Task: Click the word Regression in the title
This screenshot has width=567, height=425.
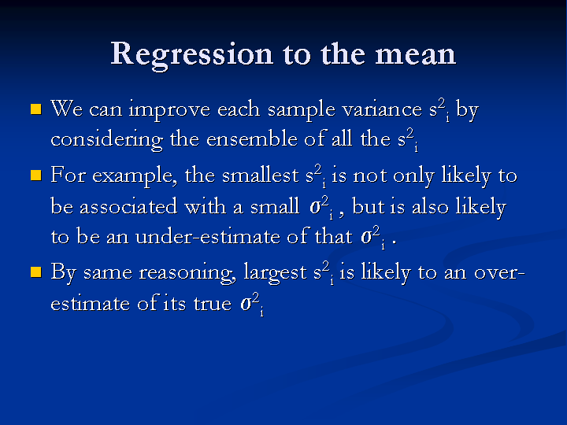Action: click(x=191, y=55)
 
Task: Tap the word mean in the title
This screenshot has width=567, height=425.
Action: click(x=416, y=55)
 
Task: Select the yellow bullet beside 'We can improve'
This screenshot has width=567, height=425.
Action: click(x=36, y=109)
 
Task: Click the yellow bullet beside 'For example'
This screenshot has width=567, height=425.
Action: click(x=36, y=176)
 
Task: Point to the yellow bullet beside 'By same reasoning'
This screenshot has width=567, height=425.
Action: click(x=36, y=272)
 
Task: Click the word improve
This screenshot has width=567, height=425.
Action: click(x=169, y=110)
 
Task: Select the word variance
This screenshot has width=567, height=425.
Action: click(x=382, y=109)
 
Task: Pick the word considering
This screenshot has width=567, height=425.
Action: click(x=106, y=140)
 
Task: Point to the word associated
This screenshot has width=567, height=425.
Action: click(x=128, y=206)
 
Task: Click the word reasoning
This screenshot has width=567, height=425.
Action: click(x=187, y=273)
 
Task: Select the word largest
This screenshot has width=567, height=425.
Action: click(x=275, y=272)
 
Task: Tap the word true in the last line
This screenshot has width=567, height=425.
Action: click(x=213, y=304)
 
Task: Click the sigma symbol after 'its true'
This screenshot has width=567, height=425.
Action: click(x=246, y=305)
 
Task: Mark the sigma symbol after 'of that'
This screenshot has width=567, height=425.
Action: click(x=366, y=238)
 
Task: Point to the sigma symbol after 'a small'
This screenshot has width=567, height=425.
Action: click(x=315, y=207)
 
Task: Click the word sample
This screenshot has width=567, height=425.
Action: click(x=301, y=110)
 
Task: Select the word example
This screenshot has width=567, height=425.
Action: click(x=135, y=176)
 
